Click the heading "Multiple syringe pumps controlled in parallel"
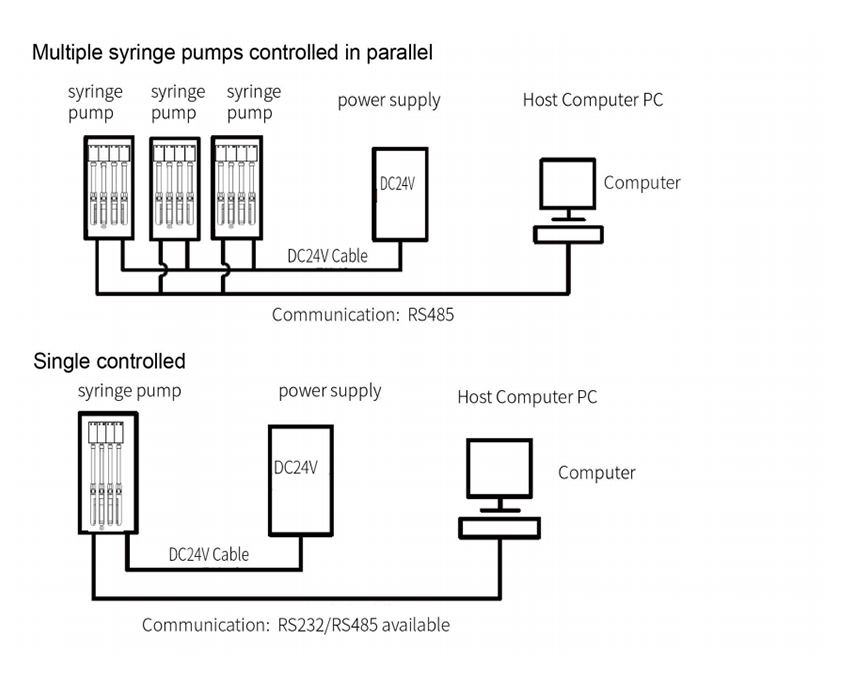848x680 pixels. coord(233,53)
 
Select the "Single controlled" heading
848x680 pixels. coord(109,361)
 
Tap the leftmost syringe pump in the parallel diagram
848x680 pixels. coord(109,188)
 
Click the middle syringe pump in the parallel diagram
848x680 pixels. coord(175,188)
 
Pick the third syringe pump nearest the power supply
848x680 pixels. coord(237,188)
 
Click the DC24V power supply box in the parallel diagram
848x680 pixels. coord(400,194)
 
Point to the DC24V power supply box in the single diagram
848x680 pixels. coord(301,480)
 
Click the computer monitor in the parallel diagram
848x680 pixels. coord(568,184)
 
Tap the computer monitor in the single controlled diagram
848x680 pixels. coord(499,468)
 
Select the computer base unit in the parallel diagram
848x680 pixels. coord(568,234)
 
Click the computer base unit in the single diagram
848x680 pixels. coord(499,528)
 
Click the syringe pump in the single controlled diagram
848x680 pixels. coord(108,473)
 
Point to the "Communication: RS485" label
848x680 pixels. coord(363,315)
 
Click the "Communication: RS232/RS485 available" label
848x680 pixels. coord(296,625)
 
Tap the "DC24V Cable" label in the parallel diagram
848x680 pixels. coord(327,256)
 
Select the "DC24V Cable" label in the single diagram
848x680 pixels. coord(209,554)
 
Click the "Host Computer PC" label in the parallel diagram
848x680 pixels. coord(593,100)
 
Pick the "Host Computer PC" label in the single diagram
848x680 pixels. coord(527,397)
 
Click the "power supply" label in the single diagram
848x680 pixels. coord(330,391)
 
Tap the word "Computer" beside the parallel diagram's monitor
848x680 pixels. coord(642,183)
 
